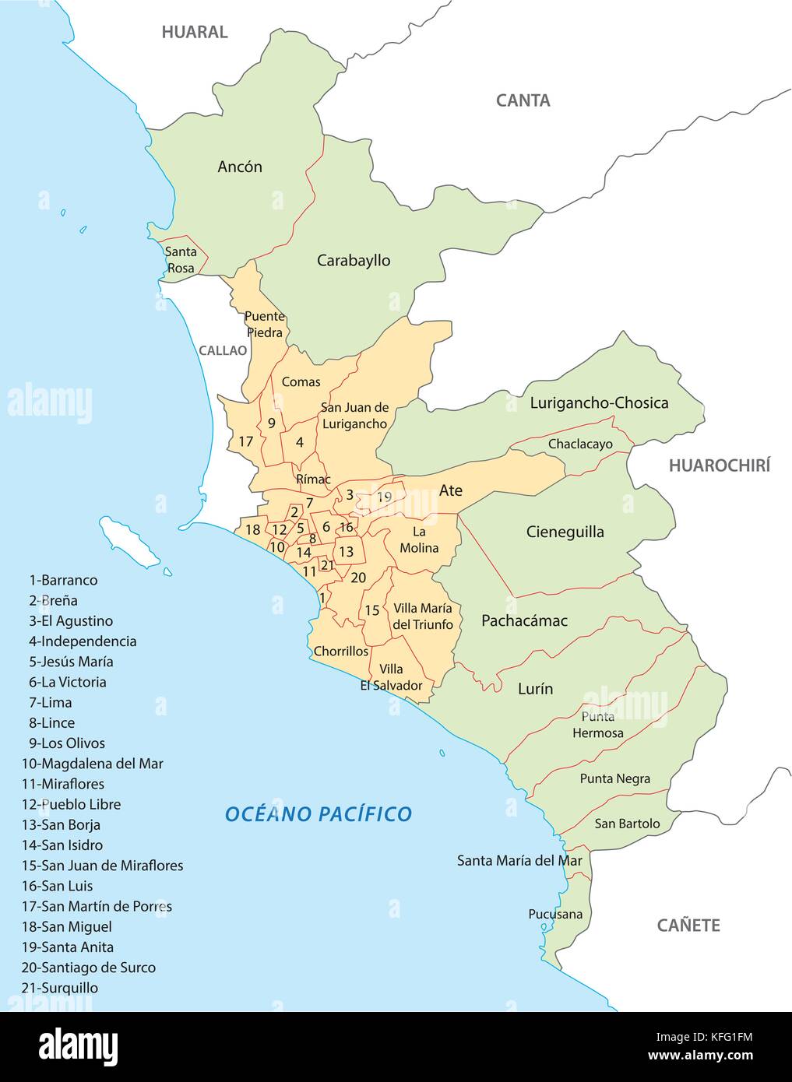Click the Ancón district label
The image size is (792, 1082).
pyautogui.click(x=240, y=167)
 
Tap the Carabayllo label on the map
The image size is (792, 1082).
pyautogui.click(x=354, y=261)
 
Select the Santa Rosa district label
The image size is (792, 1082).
pyautogui.click(x=181, y=260)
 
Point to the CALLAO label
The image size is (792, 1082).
pyautogui.click(x=222, y=350)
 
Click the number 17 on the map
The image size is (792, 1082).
pyautogui.click(x=246, y=441)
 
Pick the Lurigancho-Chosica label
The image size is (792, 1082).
pyautogui.click(x=599, y=403)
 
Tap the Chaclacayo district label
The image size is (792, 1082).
pyautogui.click(x=580, y=444)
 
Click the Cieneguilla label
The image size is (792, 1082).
pyautogui.click(x=565, y=532)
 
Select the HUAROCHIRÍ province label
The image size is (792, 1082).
pyautogui.click(x=719, y=465)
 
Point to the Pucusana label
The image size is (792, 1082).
pyautogui.click(x=554, y=914)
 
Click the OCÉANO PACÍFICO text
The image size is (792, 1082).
pyautogui.click(x=318, y=814)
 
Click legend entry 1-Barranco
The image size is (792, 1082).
pyautogui.click(x=64, y=580)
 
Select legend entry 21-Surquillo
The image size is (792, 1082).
pyautogui.click(x=61, y=988)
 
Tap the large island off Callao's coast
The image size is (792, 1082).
pyautogui.click(x=129, y=542)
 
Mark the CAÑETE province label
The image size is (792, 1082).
pyautogui.click(x=688, y=925)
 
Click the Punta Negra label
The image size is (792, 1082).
pyautogui.click(x=614, y=778)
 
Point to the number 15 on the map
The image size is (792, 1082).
pyautogui.click(x=372, y=610)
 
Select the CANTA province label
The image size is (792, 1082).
pyautogui.click(x=523, y=100)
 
